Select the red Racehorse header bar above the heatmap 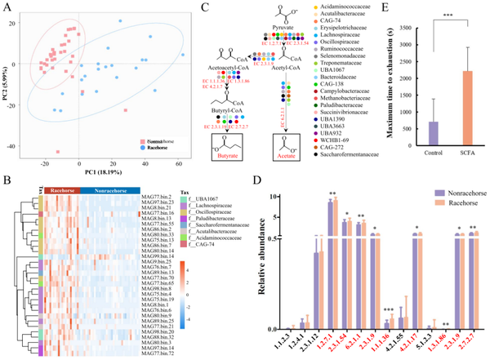click(58, 167)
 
